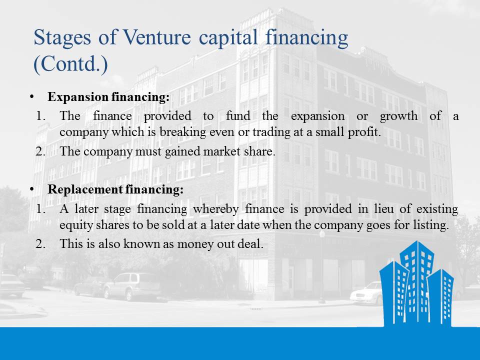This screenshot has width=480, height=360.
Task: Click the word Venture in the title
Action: [x=156, y=37]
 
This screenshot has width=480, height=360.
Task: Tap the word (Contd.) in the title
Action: [x=70, y=64]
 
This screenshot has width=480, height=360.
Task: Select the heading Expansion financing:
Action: [x=108, y=97]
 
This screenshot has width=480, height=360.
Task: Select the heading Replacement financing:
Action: [x=115, y=189]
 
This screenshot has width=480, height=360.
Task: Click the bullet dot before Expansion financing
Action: [x=32, y=96]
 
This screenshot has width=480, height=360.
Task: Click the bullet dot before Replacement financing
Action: [x=32, y=189]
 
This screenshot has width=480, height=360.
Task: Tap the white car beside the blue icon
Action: [x=366, y=293]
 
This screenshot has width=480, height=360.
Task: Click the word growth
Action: [x=398, y=116]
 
